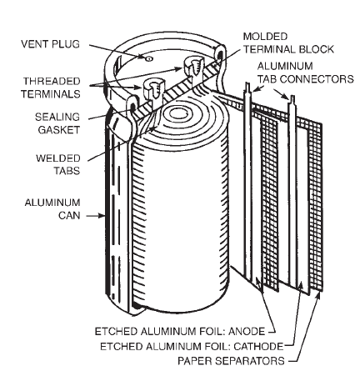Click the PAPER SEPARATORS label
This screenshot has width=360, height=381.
(232, 360)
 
